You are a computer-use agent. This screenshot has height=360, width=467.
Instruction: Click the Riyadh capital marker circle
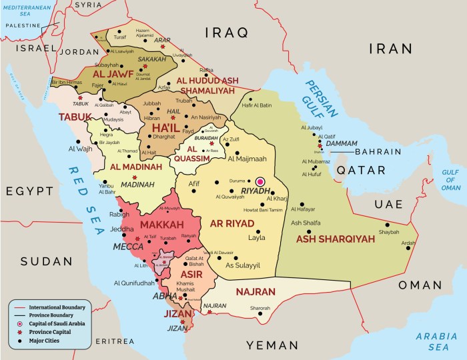point(260,181)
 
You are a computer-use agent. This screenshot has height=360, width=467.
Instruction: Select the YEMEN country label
point(273,345)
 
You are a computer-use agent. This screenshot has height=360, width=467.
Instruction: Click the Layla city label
point(256,237)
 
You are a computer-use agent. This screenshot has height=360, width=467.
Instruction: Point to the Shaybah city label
point(388,232)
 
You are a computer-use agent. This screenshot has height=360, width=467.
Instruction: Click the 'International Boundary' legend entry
point(59,307)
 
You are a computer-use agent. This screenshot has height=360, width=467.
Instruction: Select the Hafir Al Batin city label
point(256,105)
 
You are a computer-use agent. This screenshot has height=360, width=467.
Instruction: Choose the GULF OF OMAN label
point(450,179)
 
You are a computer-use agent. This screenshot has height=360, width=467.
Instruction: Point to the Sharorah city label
point(260,308)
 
